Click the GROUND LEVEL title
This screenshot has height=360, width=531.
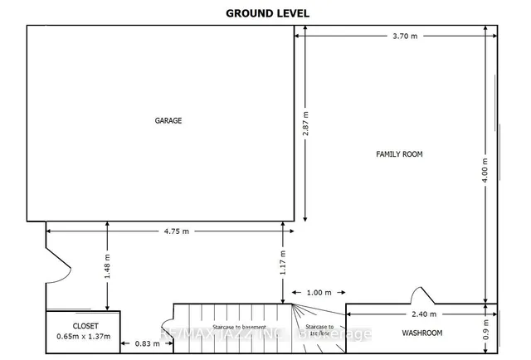(265, 12)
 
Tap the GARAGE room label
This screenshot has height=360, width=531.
(168, 120)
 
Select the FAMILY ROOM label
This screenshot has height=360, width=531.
(400, 154)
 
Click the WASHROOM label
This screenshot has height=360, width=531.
(422, 333)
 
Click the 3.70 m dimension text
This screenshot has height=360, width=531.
(405, 36)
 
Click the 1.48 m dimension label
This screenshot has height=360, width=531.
(107, 265)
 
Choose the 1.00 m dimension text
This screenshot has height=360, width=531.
(319, 292)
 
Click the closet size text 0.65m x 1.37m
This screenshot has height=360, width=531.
(84, 337)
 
